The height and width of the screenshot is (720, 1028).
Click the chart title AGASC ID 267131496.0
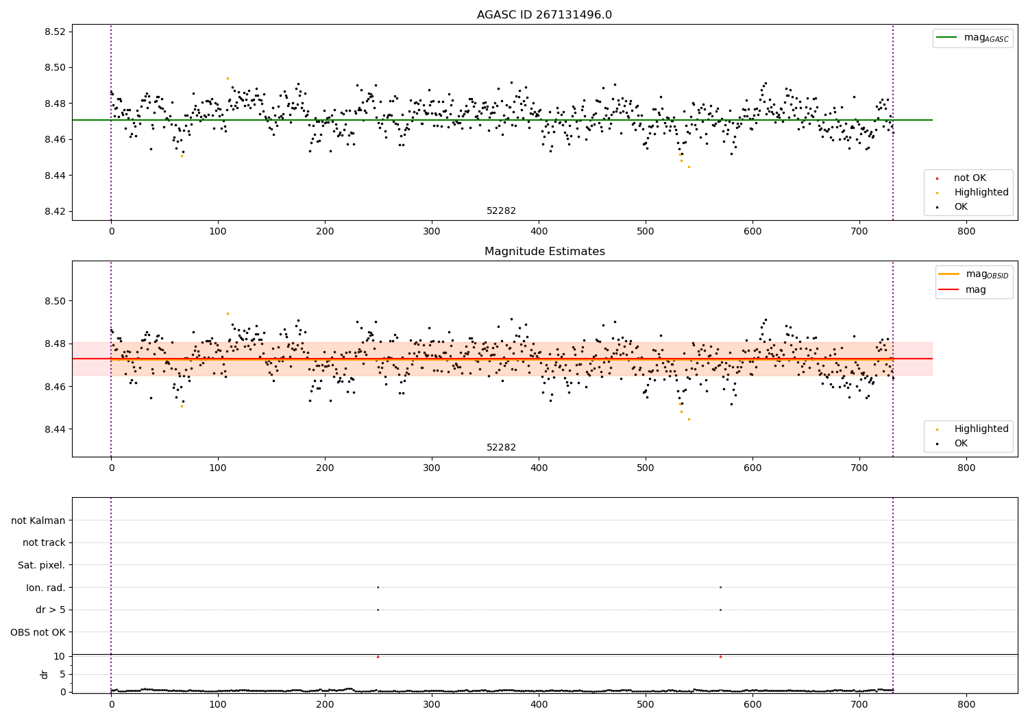[544, 15]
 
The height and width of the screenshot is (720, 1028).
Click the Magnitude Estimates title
[544, 252]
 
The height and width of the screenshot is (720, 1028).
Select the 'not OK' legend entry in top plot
[970, 178]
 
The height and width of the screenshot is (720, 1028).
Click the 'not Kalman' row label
[38, 520]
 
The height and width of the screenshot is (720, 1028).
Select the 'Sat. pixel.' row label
[42, 565]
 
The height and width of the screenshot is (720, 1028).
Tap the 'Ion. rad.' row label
[46, 588]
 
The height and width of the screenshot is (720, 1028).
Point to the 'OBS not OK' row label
[38, 632]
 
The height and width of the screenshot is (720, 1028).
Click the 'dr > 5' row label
[51, 610]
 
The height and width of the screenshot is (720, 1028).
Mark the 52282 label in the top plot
[501, 211]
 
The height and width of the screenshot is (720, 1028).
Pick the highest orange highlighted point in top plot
[228, 78]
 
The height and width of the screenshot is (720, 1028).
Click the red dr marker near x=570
[720, 657]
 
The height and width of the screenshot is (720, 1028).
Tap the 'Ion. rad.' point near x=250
[378, 587]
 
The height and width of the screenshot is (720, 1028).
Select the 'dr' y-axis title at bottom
[45, 674]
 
